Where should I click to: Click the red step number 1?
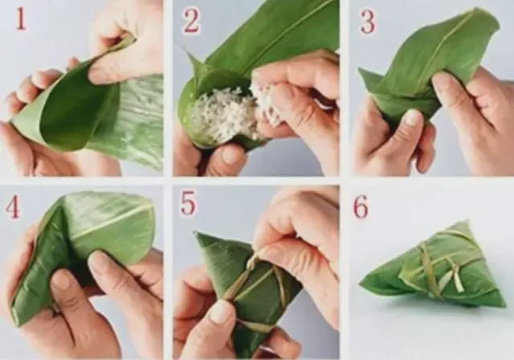(20, 19)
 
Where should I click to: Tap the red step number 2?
(191, 20)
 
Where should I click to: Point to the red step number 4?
(12, 208)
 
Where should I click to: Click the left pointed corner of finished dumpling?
(361, 284)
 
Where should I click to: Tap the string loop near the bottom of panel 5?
(255, 325)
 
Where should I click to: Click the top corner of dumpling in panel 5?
(196, 234)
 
